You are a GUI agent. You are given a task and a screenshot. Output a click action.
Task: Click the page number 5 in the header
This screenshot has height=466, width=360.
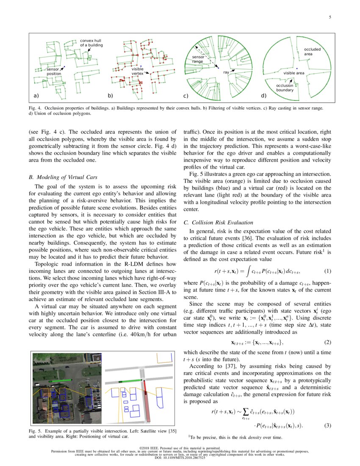coord(330,17)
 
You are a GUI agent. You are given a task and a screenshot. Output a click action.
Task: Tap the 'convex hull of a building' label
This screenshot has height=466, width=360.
coord(91,42)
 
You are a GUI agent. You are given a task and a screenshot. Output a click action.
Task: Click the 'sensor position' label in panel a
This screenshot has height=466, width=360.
coord(53,71)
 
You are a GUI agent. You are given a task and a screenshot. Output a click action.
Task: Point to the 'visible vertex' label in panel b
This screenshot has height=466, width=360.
coord(138,71)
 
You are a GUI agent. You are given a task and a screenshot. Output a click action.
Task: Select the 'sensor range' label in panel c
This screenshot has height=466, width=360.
coord(198,59)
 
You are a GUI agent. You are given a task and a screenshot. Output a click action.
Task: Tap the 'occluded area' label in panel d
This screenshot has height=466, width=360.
coord(312,52)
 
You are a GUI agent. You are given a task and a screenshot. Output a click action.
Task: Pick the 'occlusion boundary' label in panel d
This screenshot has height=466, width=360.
coord(285,88)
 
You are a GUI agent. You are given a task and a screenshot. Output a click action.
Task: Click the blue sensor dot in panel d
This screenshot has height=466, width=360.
coord(297,68)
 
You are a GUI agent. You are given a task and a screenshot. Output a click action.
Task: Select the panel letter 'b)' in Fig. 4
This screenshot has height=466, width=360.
coord(111,96)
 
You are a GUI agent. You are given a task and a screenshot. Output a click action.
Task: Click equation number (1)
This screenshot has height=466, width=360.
coord(327,271)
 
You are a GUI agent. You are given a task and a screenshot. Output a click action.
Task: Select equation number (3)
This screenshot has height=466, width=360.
coord(327,425)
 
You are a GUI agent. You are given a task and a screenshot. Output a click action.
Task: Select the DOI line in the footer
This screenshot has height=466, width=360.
coord(180,458)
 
